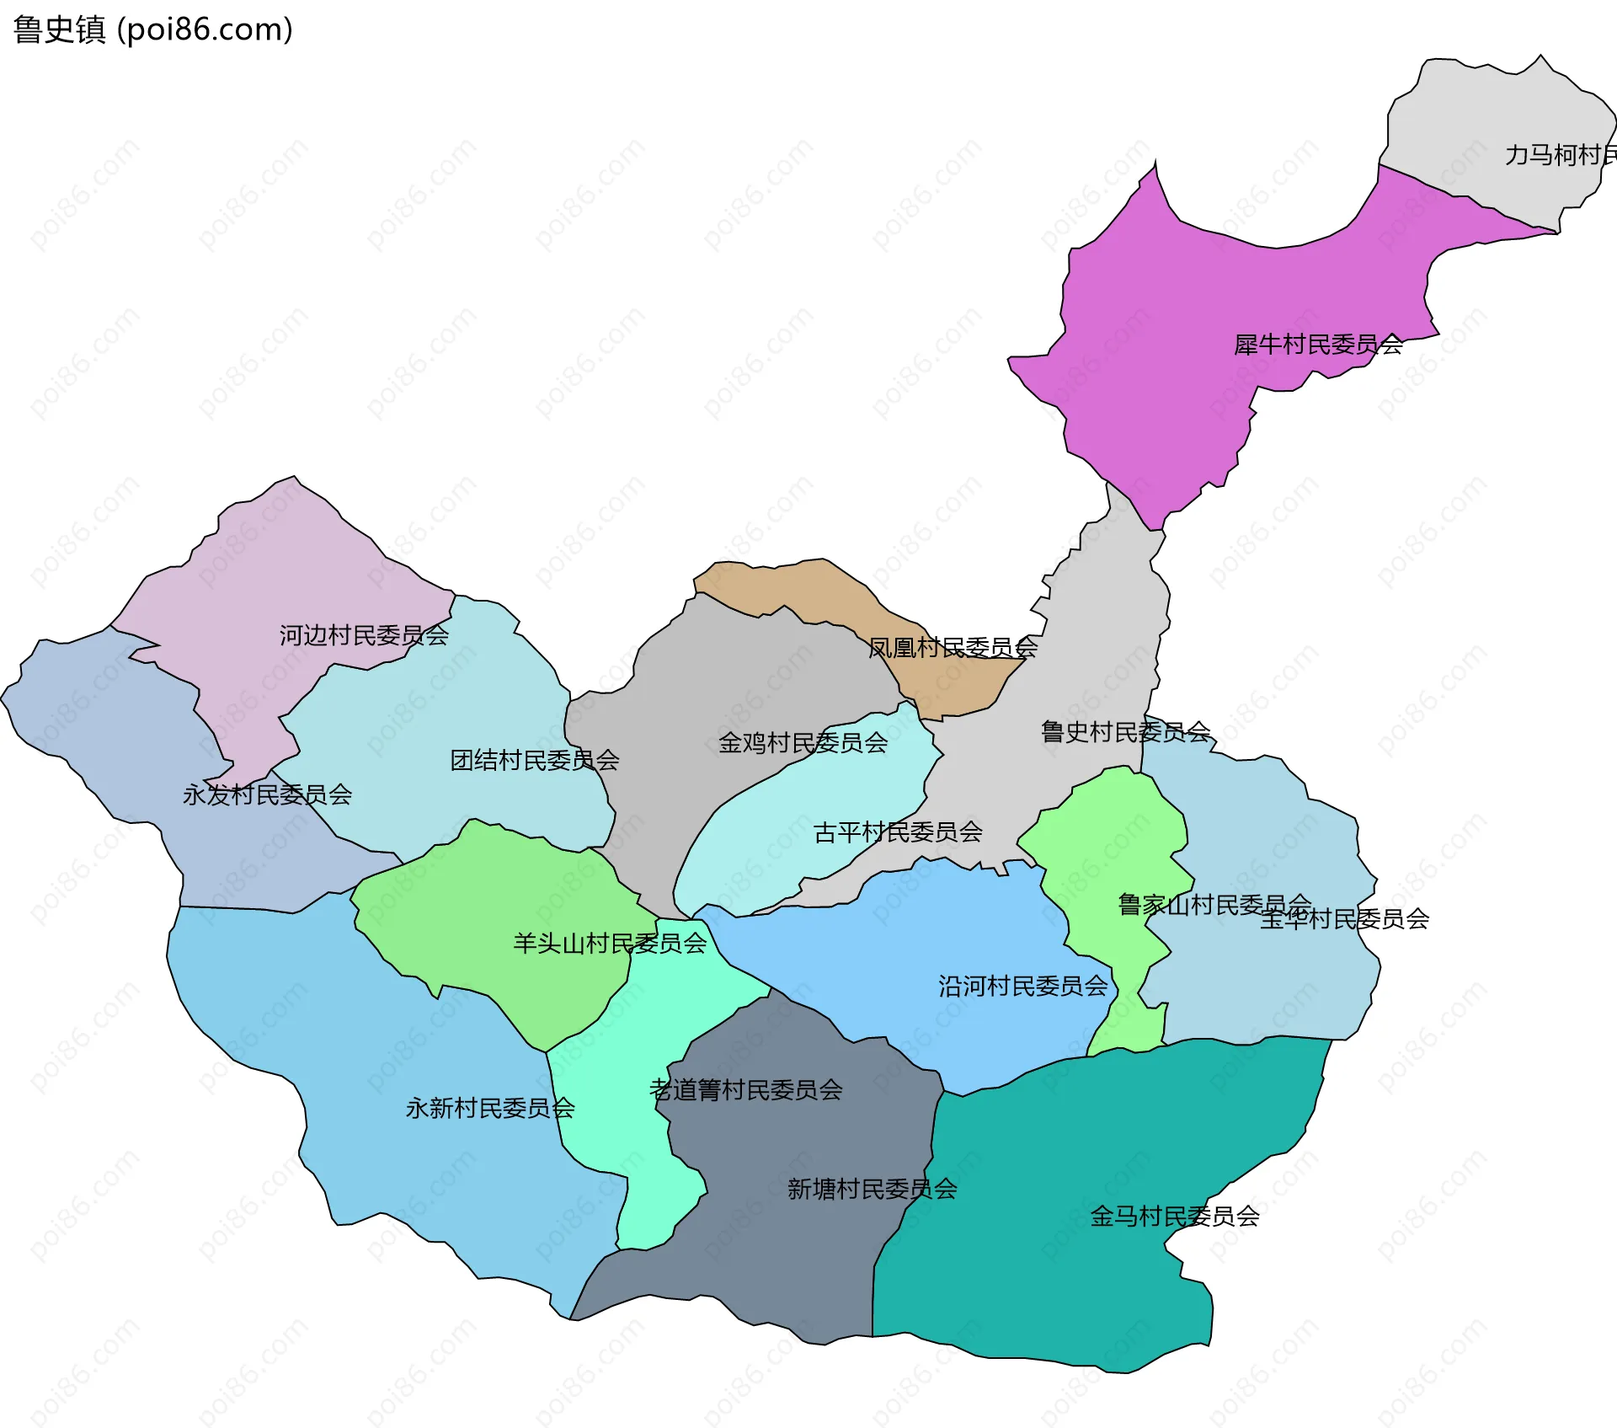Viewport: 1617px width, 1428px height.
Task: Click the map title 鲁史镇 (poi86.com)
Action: tap(152, 29)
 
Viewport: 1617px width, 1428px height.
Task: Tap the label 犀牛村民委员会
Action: tap(1318, 345)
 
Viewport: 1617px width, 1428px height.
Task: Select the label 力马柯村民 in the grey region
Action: tap(1558, 155)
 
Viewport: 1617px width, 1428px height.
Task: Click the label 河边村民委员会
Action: tap(364, 635)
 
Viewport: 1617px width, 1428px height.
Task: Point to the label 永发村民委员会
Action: tap(267, 794)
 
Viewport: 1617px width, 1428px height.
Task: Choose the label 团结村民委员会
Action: tap(535, 761)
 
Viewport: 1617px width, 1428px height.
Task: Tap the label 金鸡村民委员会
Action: tap(803, 743)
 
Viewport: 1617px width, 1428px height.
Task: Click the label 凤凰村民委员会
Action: tap(953, 648)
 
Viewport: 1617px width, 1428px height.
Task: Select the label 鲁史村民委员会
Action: tap(1126, 732)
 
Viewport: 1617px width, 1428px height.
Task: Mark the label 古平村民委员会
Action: tap(898, 832)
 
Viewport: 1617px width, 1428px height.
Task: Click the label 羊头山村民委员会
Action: tap(610, 944)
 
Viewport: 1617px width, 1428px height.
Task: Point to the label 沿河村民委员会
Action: tap(1023, 987)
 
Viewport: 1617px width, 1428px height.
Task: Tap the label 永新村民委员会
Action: tap(490, 1108)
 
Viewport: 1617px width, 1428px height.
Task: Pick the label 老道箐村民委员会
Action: tap(745, 1090)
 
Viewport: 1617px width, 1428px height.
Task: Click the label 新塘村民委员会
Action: tap(872, 1190)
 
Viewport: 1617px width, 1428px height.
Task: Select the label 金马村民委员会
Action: tap(1175, 1217)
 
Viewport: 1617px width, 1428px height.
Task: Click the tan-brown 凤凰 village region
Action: tap(783, 581)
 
